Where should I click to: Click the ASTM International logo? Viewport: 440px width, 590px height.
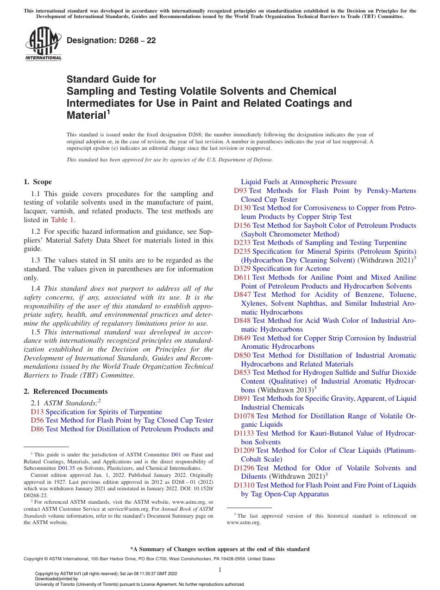tap(43, 44)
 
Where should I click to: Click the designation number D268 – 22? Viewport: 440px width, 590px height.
tap(111, 40)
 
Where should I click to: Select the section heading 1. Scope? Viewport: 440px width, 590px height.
tap(38, 182)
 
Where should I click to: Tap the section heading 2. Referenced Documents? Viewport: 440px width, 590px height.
tap(65, 391)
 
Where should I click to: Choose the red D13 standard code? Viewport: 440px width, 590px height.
tap(37, 412)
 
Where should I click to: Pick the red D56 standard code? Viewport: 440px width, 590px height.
tap(37, 420)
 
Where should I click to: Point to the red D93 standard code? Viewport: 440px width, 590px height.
tap(240, 191)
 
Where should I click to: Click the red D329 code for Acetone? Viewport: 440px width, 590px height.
tap(242, 269)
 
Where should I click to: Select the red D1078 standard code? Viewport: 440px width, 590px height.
tap(244, 416)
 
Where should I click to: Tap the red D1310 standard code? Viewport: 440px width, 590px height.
tap(244, 485)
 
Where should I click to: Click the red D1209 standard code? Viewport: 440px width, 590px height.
tap(244, 450)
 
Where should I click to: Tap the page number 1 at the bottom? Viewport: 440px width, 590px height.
tap(220, 570)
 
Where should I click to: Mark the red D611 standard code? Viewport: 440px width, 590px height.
tap(242, 277)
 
